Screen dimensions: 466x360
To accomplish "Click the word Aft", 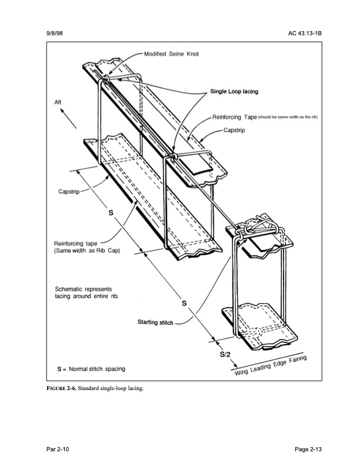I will (58, 102).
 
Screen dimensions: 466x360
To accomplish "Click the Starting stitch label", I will (155, 322).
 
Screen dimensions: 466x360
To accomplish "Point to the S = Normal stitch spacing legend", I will (91, 369).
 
